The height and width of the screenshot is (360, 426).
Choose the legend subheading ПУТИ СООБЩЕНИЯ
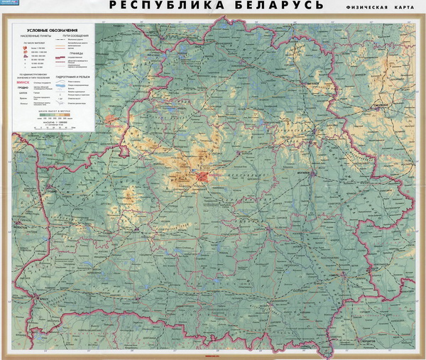(83, 38)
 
